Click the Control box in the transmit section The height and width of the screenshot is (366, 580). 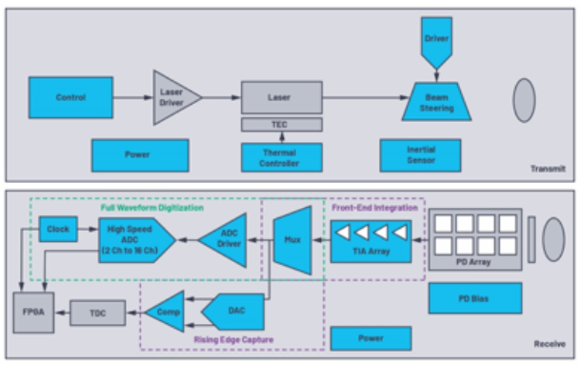[71, 97]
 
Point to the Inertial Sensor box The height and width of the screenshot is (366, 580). [420, 155]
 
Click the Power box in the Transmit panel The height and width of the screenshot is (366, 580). [140, 155]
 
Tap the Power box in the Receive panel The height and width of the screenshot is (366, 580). [370, 338]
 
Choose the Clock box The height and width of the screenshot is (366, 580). [58, 230]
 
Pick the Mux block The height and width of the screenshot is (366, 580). [292, 239]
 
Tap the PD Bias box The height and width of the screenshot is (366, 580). [474, 297]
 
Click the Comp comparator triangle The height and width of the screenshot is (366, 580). [166, 312]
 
